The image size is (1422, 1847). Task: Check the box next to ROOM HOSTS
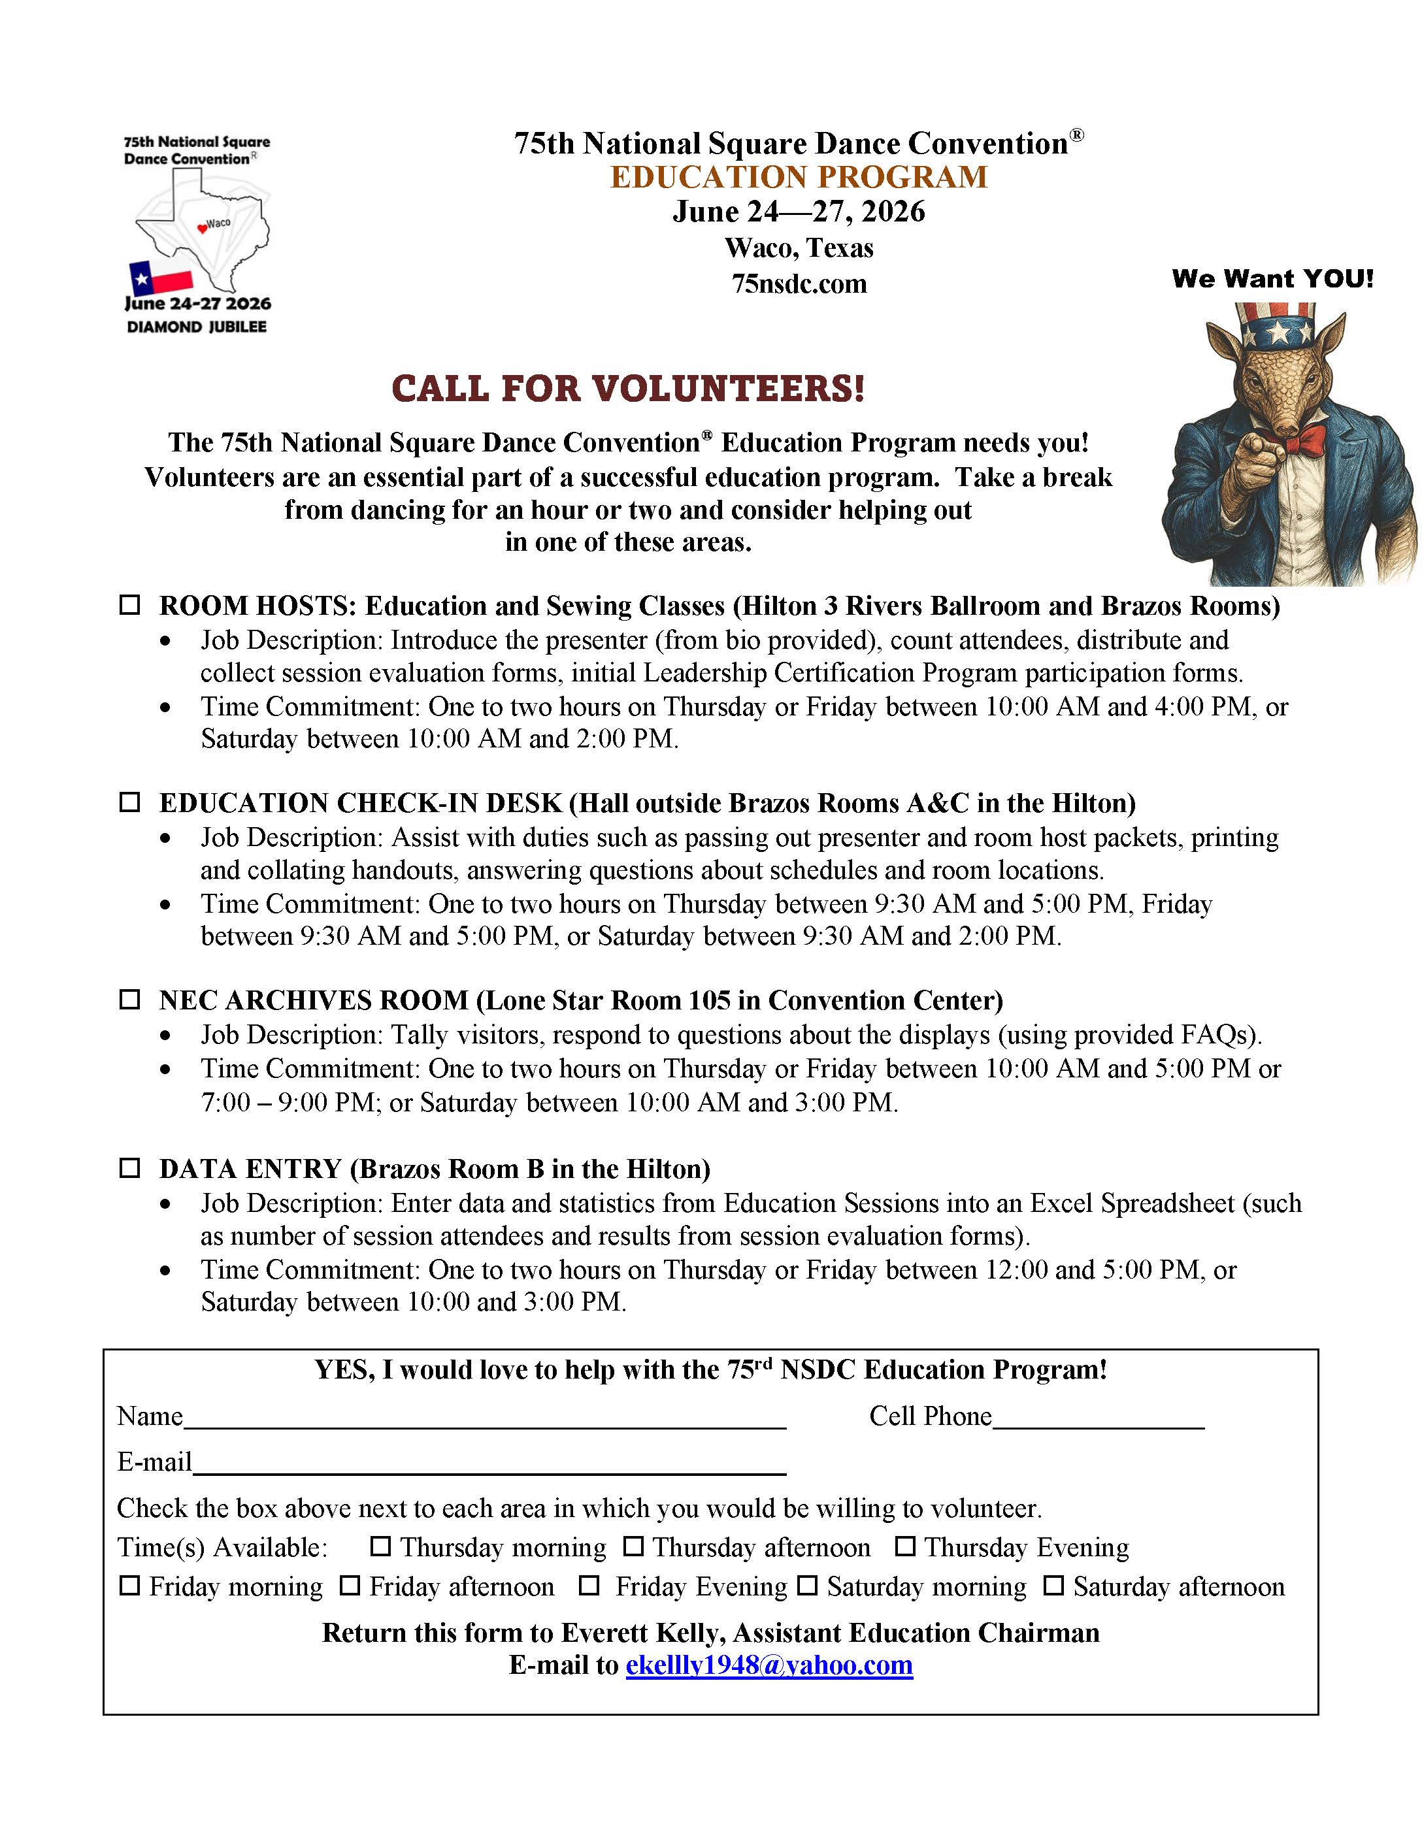(129, 605)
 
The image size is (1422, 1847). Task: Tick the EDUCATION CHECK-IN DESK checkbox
(129, 802)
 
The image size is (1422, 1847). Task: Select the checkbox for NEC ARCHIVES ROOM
(129, 999)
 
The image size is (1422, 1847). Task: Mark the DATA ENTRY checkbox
(129, 1168)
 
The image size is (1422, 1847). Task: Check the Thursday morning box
(381, 1546)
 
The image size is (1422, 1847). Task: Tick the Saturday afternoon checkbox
(1053, 1586)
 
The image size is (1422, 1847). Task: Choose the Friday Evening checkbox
(589, 1586)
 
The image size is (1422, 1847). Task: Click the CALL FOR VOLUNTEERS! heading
(627, 388)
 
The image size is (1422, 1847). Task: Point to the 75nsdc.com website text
(799, 284)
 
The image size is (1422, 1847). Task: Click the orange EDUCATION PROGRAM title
(799, 177)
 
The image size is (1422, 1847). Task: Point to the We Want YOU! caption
(1272, 278)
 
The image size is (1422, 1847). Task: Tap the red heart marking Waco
(202, 227)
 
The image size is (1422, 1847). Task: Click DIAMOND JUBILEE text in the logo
(196, 327)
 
